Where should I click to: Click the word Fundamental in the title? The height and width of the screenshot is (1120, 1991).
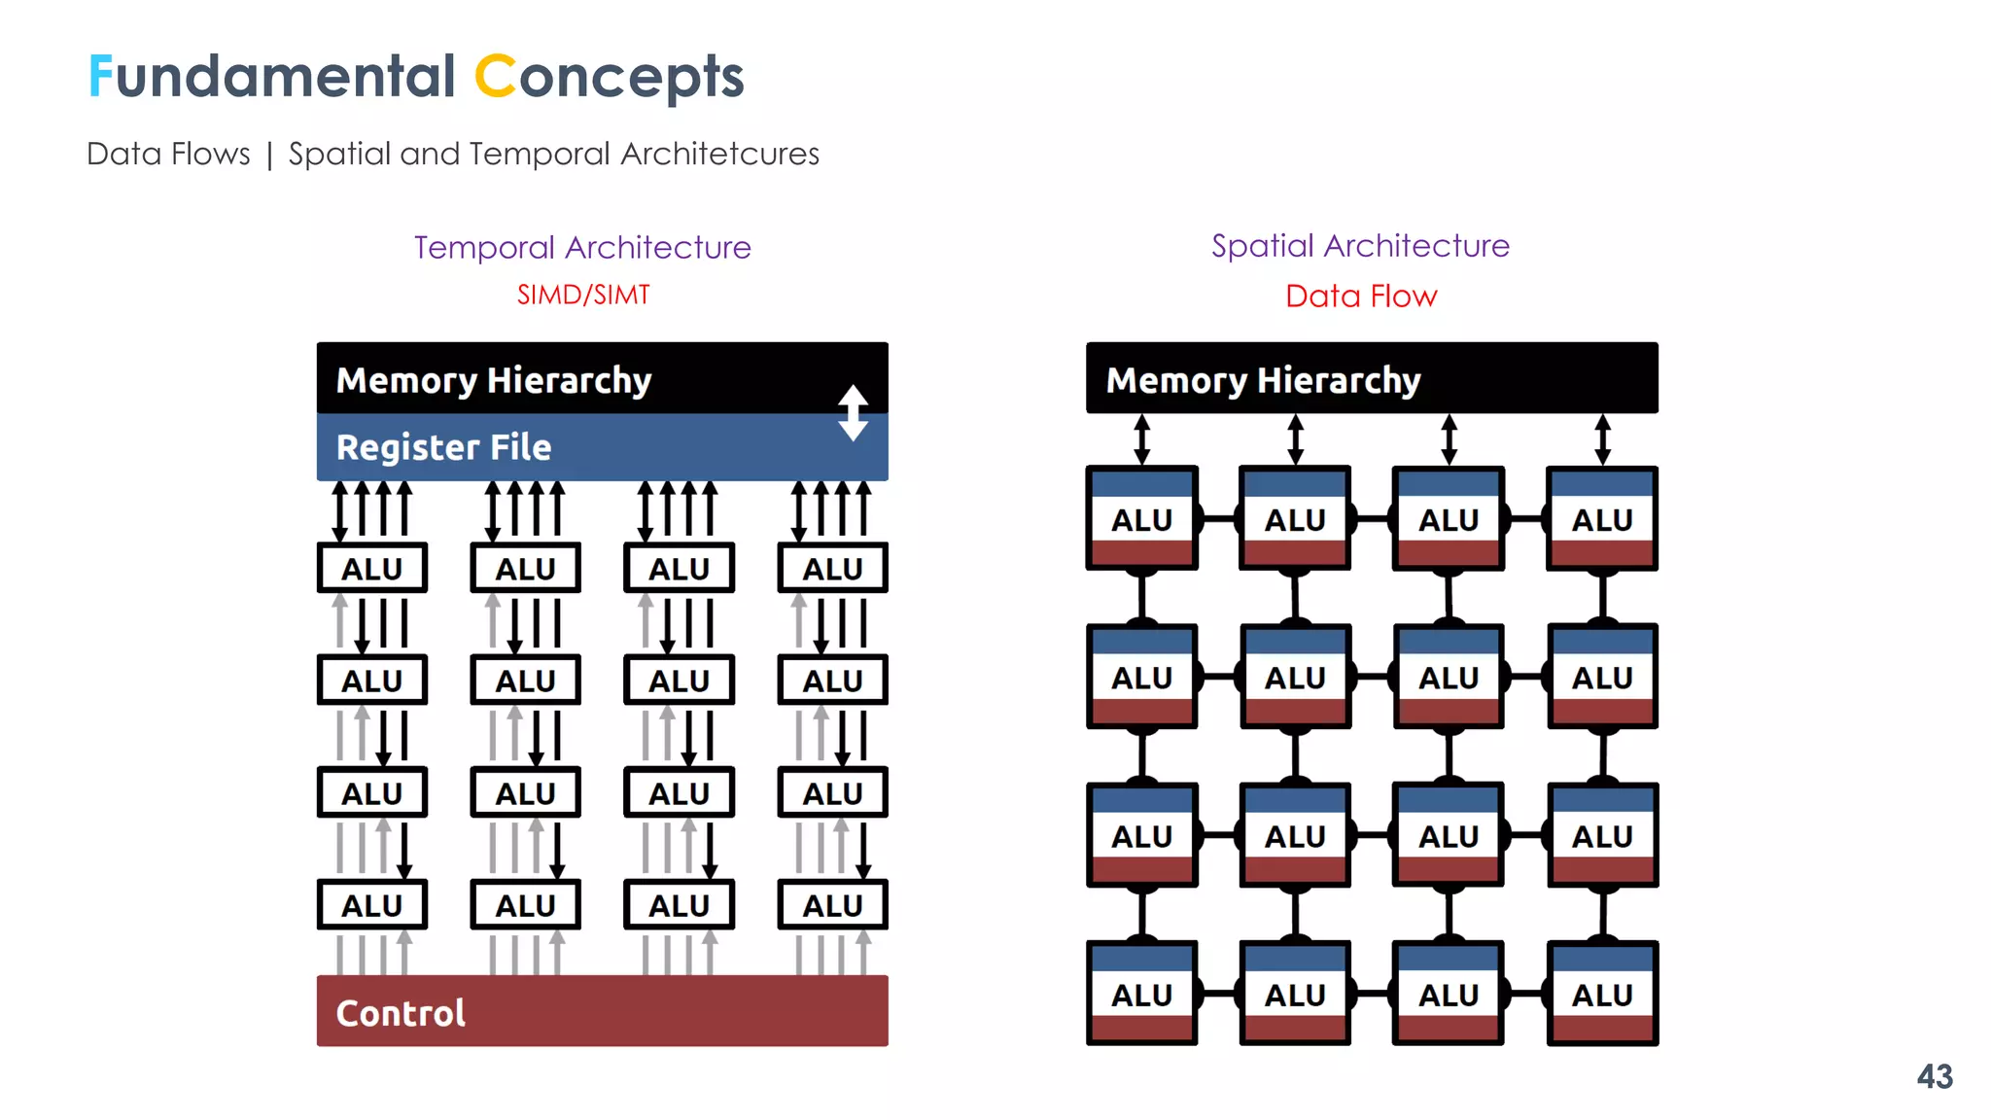pyautogui.click(x=271, y=77)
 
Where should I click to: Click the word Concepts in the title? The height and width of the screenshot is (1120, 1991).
pyautogui.click(x=609, y=77)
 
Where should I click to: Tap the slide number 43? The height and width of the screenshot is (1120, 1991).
pyautogui.click(x=1934, y=1076)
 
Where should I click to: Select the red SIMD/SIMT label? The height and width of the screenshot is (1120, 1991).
pyautogui.click(x=583, y=295)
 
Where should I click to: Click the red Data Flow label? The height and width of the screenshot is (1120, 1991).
pyautogui.click(x=1360, y=296)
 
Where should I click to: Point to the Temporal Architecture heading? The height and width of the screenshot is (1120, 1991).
pyautogui.click(x=582, y=247)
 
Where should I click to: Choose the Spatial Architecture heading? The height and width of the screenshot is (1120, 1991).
pyautogui.click(x=1360, y=246)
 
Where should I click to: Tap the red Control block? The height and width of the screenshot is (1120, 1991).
pyautogui.click(x=602, y=1011)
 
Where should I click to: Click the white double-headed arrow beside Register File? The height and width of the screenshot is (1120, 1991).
pyautogui.click(x=853, y=413)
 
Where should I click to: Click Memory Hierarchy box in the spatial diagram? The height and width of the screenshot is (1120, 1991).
pyautogui.click(x=1371, y=378)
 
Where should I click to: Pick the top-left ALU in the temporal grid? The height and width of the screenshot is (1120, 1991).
pyautogui.click(x=371, y=568)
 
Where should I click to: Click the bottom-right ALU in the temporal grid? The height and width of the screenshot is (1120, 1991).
pyautogui.click(x=832, y=905)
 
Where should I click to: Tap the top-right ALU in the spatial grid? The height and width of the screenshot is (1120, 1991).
pyautogui.click(x=1602, y=519)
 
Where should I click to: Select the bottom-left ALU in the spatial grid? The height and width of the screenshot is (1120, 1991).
pyautogui.click(x=1141, y=994)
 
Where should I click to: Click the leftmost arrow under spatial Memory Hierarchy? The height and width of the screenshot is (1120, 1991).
pyautogui.click(x=1141, y=439)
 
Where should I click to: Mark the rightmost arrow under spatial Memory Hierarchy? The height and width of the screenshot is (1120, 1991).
pyautogui.click(x=1602, y=439)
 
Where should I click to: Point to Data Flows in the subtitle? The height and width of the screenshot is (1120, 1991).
pyautogui.click(x=168, y=154)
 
